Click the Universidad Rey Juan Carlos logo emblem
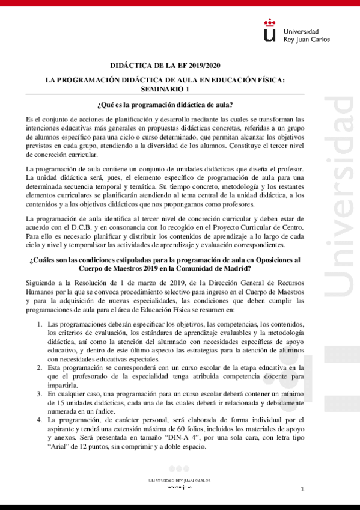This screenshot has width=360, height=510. (x=271, y=32)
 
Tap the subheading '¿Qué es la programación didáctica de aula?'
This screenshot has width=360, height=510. (x=164, y=105)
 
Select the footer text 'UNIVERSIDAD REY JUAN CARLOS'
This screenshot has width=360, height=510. (x=179, y=481)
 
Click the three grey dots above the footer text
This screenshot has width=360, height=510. (x=179, y=469)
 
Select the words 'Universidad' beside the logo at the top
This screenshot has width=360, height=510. (x=300, y=31)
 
